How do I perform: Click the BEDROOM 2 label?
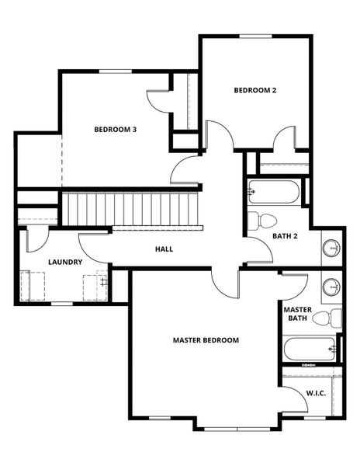tap(255, 90)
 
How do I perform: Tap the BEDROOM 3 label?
tap(116, 129)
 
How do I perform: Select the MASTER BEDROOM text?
tap(206, 340)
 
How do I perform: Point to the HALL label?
tap(164, 249)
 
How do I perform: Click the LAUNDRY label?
tap(65, 263)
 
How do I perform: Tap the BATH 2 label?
tap(285, 235)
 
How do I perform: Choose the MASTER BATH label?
tap(297, 313)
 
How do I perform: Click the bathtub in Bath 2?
tap(272, 192)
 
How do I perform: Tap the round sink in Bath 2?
tap(332, 249)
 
